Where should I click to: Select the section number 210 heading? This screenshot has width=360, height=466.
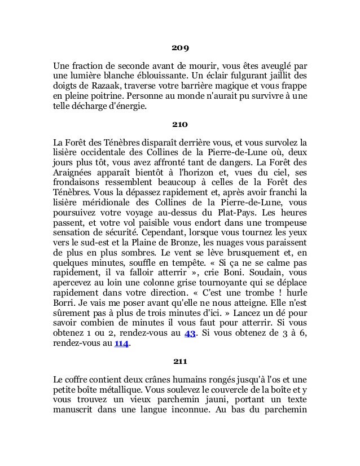pyautogui.click(x=179, y=122)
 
